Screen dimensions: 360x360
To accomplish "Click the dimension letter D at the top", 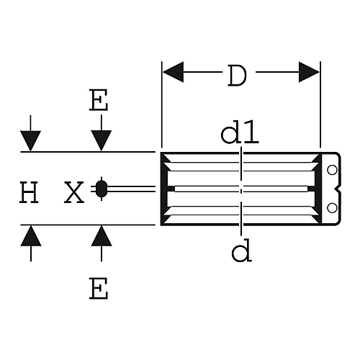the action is point(237,76).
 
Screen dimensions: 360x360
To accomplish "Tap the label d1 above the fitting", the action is point(240,132).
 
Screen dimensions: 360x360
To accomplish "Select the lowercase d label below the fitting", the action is point(241,251).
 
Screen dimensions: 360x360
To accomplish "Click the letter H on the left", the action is point(29,192).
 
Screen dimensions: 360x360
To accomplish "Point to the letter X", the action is point(74,192).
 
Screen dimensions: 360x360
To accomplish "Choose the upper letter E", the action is point(99,100).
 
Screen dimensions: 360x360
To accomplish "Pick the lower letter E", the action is point(99,288).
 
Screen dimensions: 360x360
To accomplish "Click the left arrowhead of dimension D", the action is point(174,72).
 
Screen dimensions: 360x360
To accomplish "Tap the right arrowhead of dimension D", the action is point(309,72).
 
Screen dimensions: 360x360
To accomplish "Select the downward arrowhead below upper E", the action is point(102,140).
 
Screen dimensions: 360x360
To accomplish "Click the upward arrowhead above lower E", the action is point(102,235).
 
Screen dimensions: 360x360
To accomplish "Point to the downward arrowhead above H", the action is point(30,141).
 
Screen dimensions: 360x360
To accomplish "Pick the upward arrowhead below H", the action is point(31,235).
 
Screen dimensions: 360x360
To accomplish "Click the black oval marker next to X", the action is point(102,189).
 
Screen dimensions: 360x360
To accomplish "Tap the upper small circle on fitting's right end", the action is point(332,170).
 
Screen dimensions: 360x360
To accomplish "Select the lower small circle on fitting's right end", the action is point(332,208).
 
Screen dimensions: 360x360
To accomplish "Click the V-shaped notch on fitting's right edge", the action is point(338,189).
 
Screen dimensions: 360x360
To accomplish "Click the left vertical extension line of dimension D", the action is point(162,104).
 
